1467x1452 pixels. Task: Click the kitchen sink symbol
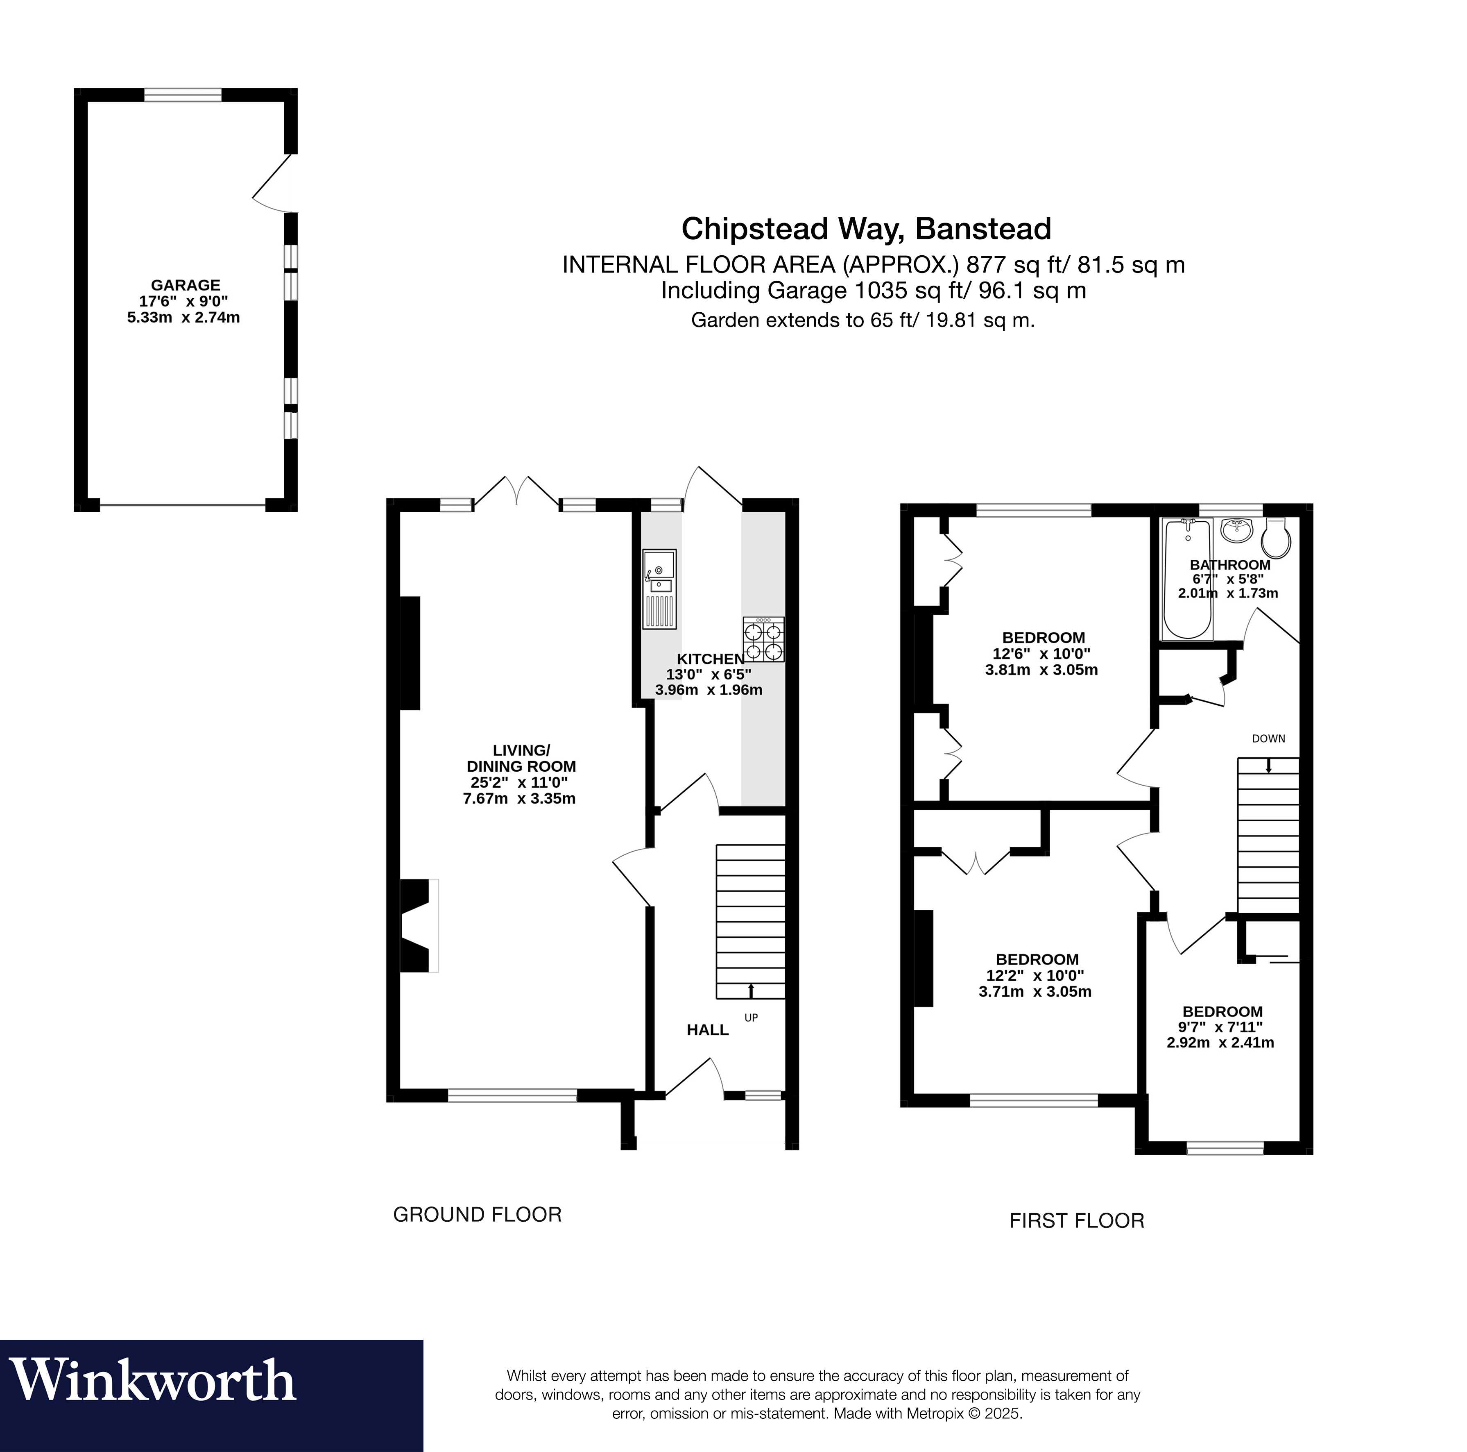tap(659, 589)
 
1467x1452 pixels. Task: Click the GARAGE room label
tap(185, 285)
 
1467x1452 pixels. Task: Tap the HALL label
tap(708, 1029)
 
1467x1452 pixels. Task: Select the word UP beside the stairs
tap(751, 1018)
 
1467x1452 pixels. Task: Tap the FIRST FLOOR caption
tap(1077, 1220)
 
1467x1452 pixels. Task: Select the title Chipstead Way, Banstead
tap(866, 228)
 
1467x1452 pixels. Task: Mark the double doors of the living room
tap(518, 490)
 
